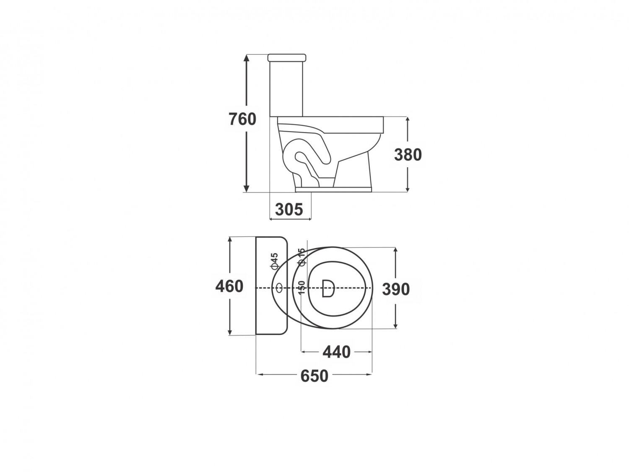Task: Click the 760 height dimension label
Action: pos(242,119)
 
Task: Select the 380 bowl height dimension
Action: pos(408,155)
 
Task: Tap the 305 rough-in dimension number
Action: pos(289,209)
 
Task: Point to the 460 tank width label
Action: pos(229,286)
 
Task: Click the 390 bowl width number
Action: pos(396,289)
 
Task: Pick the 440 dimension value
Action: pos(336,352)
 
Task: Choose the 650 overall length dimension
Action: pos(314,376)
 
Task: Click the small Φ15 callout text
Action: pos(301,257)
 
